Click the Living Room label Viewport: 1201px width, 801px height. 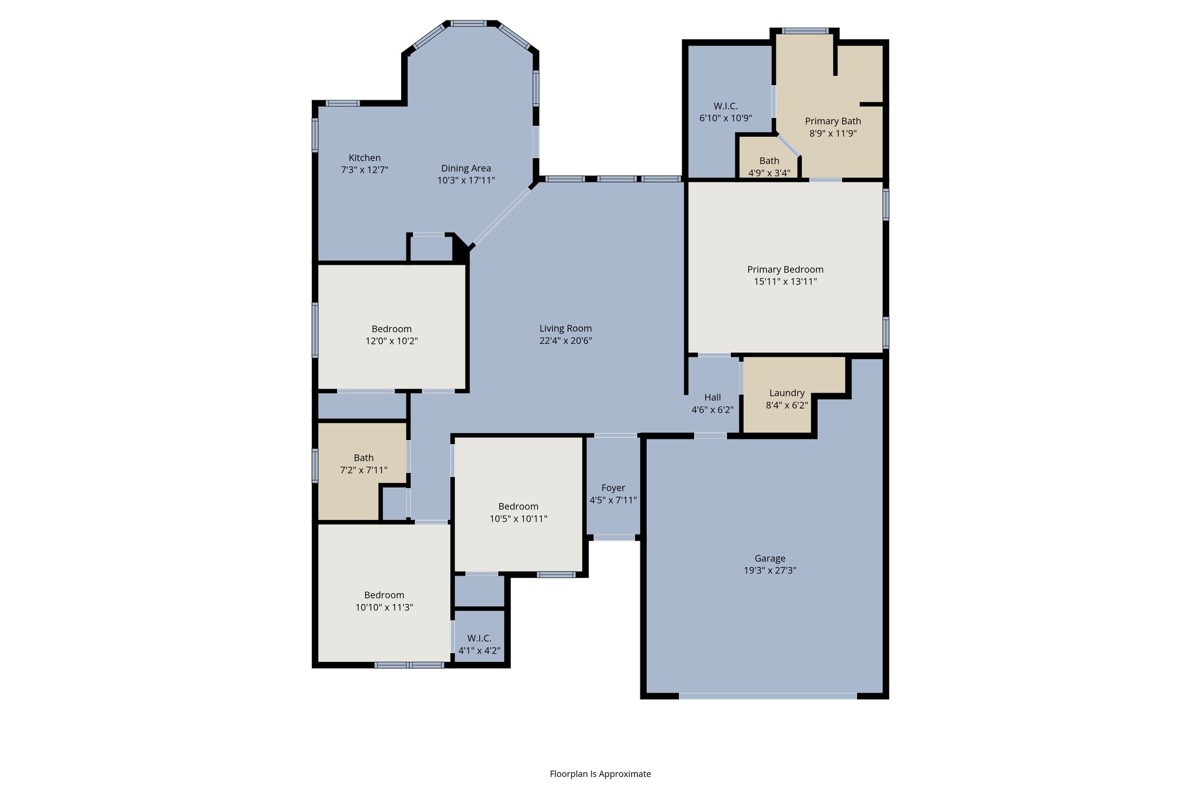pyautogui.click(x=565, y=329)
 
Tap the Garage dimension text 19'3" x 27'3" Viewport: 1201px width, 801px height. pyautogui.click(x=769, y=570)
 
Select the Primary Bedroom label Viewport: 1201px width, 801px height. pyautogui.click(x=785, y=269)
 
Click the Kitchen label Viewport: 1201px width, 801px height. pyautogui.click(x=364, y=158)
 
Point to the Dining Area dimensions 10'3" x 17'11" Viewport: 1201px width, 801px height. pyautogui.click(x=466, y=181)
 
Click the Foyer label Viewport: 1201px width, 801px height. pyautogui.click(x=613, y=488)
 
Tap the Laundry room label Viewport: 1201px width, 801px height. pyautogui.click(x=786, y=393)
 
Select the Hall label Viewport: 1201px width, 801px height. pyautogui.click(x=712, y=398)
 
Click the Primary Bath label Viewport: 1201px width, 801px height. pyautogui.click(x=833, y=121)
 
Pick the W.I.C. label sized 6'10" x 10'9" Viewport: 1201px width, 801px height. pyautogui.click(x=725, y=106)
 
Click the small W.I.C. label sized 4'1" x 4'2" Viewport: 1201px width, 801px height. pyautogui.click(x=479, y=638)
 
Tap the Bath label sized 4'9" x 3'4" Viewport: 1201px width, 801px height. pyautogui.click(x=769, y=161)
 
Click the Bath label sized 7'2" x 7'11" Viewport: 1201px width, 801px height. pyautogui.click(x=363, y=458)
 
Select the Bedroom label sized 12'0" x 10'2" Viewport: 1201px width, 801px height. pyautogui.click(x=391, y=329)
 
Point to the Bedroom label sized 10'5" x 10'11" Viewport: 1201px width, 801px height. pyautogui.click(x=518, y=506)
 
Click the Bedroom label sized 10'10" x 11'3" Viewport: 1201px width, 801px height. pyautogui.click(x=384, y=595)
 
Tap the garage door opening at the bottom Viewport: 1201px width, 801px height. pyautogui.click(x=767, y=696)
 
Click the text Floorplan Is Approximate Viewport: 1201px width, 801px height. pyautogui.click(x=600, y=774)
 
